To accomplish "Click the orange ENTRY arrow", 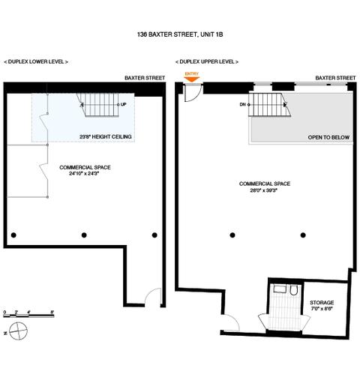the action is click(x=192, y=79).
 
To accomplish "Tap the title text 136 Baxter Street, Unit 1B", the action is click(x=180, y=34).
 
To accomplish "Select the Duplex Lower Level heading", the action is click(x=36, y=61).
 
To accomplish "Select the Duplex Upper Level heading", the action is click(x=207, y=61).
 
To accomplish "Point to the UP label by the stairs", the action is click(x=123, y=104).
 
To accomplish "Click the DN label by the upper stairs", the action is click(x=243, y=104).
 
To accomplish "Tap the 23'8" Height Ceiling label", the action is click(x=106, y=136).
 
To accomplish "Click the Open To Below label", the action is click(x=328, y=137).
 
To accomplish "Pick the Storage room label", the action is click(x=322, y=302).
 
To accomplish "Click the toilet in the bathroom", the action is click(x=293, y=290).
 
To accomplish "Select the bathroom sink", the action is click(x=280, y=289).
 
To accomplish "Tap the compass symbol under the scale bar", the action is click(x=18, y=331).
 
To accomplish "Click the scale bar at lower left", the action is click(x=28, y=316).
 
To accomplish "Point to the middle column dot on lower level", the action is click(x=84, y=235).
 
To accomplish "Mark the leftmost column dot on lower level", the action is click(x=13, y=235).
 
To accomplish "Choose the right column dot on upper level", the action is click(x=303, y=235).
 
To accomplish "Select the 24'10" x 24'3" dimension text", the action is click(x=84, y=173).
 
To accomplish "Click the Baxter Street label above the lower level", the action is click(x=145, y=78).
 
